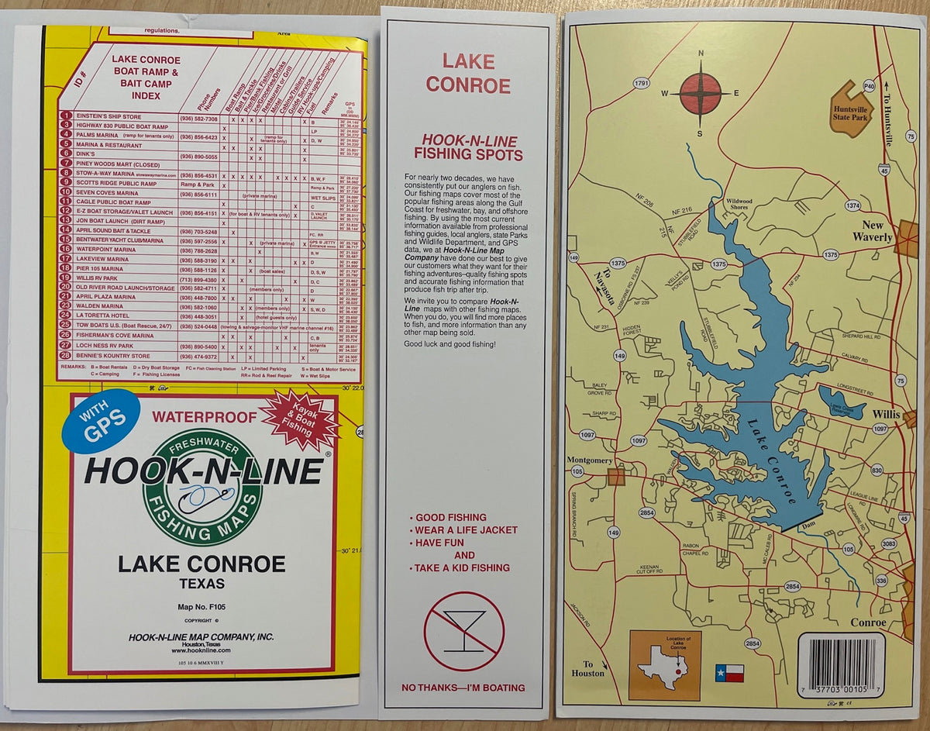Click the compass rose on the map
tap(701, 92)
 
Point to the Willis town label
tap(886, 415)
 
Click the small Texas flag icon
tap(729, 673)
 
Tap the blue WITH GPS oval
tap(101, 420)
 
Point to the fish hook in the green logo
tap(203, 497)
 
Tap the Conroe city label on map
tap(867, 622)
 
